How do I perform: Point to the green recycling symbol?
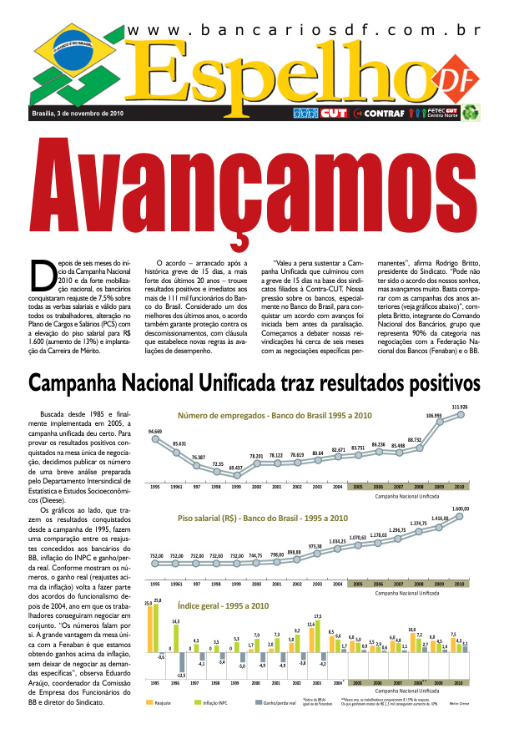(472, 112)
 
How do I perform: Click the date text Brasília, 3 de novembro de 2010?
(77, 113)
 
